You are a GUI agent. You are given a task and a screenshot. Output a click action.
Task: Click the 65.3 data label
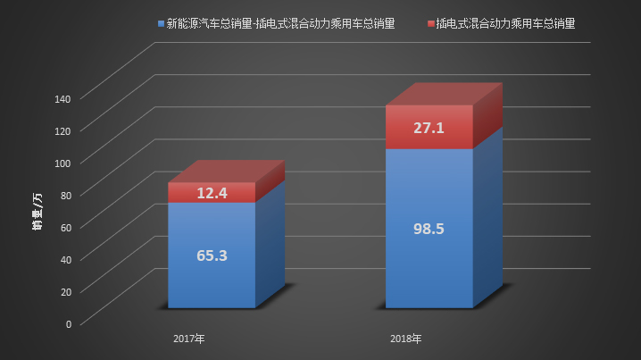[x=212, y=255]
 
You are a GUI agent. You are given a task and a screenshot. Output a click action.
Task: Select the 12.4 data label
[x=212, y=193]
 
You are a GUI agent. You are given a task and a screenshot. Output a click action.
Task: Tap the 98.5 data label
[x=429, y=229]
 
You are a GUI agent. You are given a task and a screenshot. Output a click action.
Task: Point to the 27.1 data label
[x=429, y=128]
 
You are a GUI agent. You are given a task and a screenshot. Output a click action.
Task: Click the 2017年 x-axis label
[x=189, y=339]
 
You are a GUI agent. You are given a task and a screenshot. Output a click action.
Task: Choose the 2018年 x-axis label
[x=406, y=339]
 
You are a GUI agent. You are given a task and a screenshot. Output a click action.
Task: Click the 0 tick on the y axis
[x=68, y=323]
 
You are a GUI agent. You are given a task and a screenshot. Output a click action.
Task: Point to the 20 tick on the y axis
[x=65, y=291]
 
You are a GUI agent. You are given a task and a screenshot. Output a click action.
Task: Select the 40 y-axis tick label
[x=65, y=259]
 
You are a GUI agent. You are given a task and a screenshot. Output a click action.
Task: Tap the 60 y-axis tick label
[x=65, y=227]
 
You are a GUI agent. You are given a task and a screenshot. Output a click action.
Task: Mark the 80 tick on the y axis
[x=65, y=195]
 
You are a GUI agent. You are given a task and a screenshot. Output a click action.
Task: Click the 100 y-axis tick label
[x=62, y=163]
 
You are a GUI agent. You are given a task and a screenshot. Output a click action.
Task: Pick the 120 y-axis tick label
[x=62, y=130]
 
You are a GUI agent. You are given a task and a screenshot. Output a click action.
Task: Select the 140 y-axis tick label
[x=62, y=98]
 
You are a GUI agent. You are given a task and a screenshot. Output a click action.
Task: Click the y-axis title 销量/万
[x=36, y=210]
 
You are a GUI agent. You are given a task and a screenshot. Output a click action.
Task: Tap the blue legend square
[x=160, y=22]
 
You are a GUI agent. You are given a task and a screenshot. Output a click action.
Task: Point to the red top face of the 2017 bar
[x=227, y=172]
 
